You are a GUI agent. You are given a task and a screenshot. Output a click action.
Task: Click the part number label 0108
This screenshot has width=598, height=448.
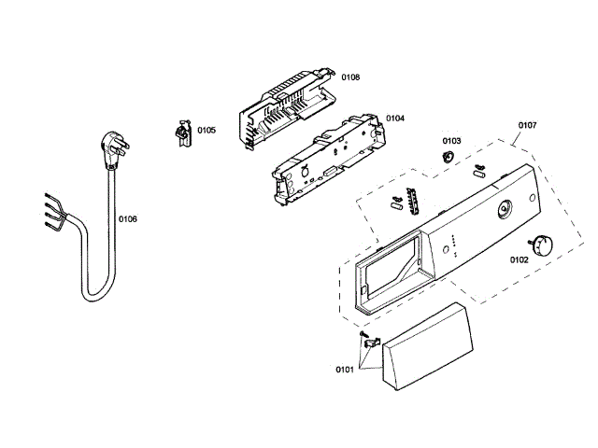[350, 77]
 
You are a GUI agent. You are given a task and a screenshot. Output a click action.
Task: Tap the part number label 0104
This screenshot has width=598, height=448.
[395, 119]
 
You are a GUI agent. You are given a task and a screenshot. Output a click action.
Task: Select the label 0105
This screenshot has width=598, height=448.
[206, 130]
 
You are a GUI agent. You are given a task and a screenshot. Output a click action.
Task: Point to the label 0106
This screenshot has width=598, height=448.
[128, 219]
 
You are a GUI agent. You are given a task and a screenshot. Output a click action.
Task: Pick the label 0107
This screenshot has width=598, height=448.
[527, 124]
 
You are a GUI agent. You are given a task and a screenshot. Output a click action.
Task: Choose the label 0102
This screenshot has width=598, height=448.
[520, 259]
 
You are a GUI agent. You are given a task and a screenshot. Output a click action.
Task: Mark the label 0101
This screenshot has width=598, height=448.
[345, 369]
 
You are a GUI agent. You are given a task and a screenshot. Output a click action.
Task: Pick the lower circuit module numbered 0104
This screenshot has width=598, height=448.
[327, 159]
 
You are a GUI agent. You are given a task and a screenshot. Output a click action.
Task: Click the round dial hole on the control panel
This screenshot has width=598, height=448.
[505, 212]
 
